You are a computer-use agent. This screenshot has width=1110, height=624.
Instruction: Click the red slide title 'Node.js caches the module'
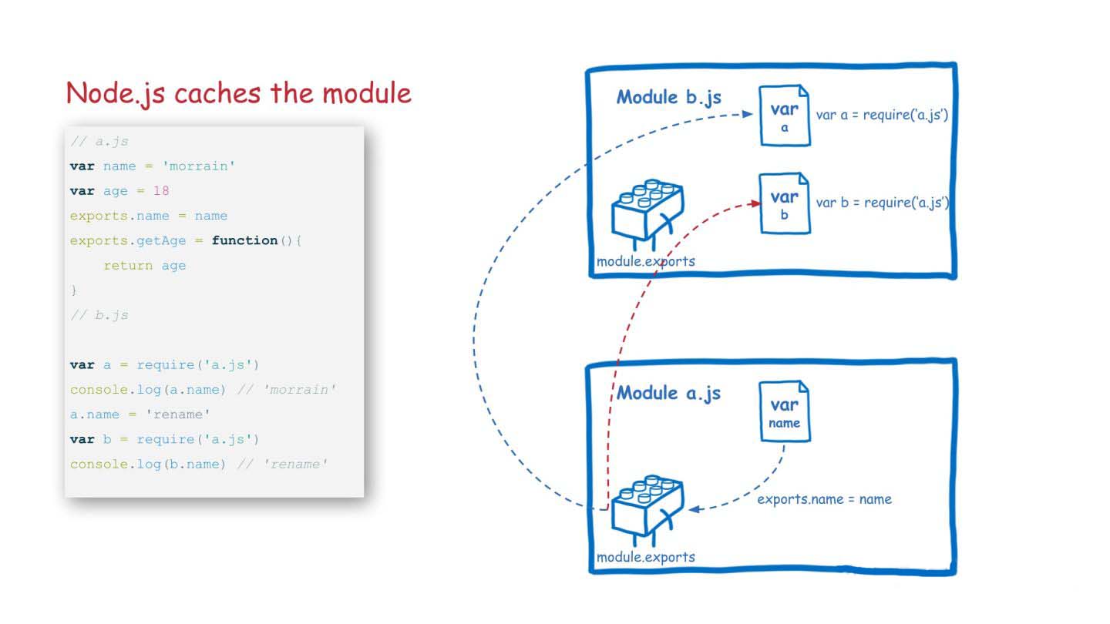(238, 93)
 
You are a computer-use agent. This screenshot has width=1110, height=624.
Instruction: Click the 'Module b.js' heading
(668, 97)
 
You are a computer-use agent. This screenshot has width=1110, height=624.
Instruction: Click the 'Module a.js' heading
(668, 393)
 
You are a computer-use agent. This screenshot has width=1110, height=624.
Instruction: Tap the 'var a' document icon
(785, 116)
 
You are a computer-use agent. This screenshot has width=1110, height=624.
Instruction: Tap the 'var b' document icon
(785, 203)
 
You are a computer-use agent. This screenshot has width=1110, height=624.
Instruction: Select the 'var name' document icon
(785, 411)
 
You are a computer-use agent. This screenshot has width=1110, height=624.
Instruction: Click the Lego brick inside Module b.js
(647, 213)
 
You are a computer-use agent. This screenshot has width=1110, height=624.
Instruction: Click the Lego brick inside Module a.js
(647, 509)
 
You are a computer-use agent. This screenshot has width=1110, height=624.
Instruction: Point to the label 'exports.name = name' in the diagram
(824, 499)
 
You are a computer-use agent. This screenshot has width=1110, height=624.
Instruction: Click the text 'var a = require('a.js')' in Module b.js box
(882, 115)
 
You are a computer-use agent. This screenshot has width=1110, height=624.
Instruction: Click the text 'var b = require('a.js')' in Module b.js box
(883, 203)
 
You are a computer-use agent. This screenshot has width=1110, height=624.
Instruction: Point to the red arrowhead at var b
(755, 203)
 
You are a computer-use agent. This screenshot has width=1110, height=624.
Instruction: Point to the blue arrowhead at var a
(747, 114)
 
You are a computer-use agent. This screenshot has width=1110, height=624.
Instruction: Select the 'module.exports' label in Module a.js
(646, 557)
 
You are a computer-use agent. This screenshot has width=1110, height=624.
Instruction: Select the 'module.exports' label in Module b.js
(646, 261)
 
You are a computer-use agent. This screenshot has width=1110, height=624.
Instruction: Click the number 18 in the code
(161, 191)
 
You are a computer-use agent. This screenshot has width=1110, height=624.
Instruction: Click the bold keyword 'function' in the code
(244, 240)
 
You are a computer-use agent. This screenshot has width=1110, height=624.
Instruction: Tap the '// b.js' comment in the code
(99, 315)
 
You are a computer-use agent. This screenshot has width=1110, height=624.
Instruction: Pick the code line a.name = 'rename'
(140, 414)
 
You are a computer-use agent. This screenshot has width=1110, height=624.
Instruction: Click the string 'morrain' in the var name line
(198, 166)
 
